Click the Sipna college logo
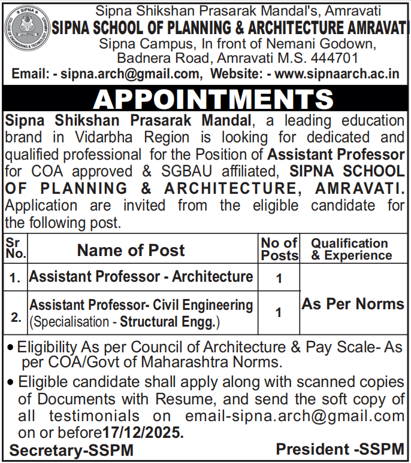pos(26,28)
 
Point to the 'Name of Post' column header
pos(131,250)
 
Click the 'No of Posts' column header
pos(279,249)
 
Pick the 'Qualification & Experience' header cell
pos(350,249)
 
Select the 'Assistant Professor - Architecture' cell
pos(141,276)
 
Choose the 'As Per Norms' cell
pos(352,304)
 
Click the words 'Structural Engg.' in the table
pos(169,323)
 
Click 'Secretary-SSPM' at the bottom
pos(71,450)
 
